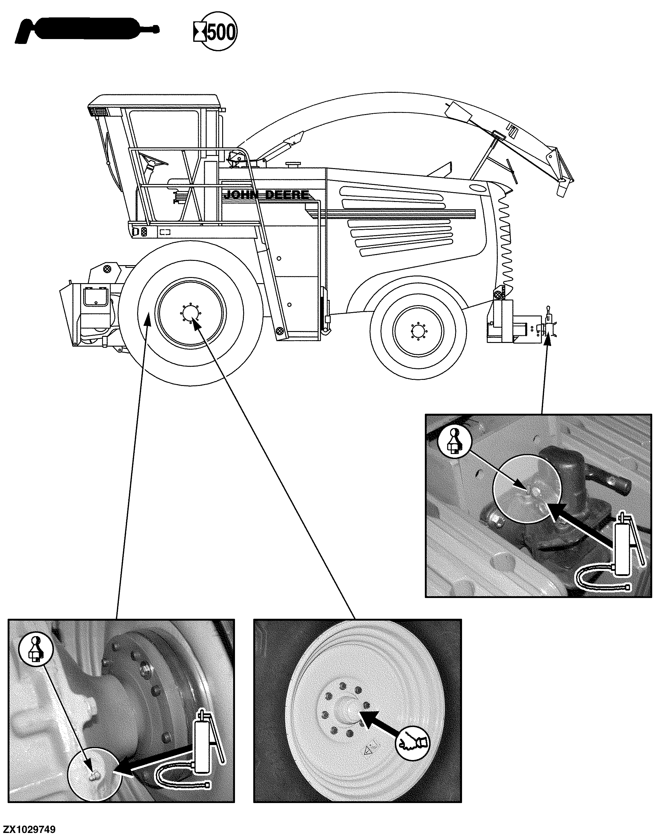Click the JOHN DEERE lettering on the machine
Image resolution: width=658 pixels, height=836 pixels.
coord(266,195)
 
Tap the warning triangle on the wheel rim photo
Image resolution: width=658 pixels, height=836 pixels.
coord(368,750)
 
